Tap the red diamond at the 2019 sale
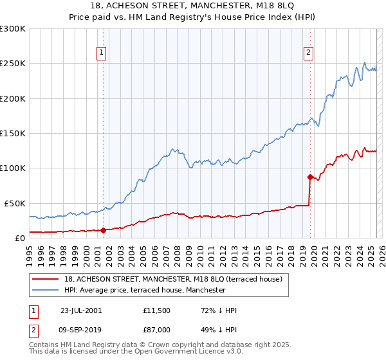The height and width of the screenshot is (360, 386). (310, 176)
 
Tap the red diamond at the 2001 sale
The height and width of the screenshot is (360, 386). (103, 230)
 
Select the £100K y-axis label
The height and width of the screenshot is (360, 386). (13, 168)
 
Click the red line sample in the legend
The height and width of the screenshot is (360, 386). (45, 279)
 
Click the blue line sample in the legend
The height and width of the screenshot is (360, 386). (45, 290)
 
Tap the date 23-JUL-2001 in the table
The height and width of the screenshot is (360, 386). (80, 310)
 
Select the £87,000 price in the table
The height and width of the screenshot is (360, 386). (157, 328)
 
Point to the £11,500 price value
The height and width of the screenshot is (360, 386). (157, 310)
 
